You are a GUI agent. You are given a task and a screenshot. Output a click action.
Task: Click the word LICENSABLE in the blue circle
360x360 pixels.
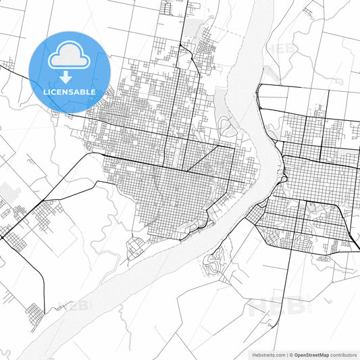pos(70,91)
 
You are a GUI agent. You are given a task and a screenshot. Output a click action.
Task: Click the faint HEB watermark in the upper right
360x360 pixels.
pos(280,49)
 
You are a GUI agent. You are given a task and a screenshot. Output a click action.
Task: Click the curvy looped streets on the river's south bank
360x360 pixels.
pos(216,263)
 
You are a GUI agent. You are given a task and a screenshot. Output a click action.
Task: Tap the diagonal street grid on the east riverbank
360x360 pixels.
pos(257,215)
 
